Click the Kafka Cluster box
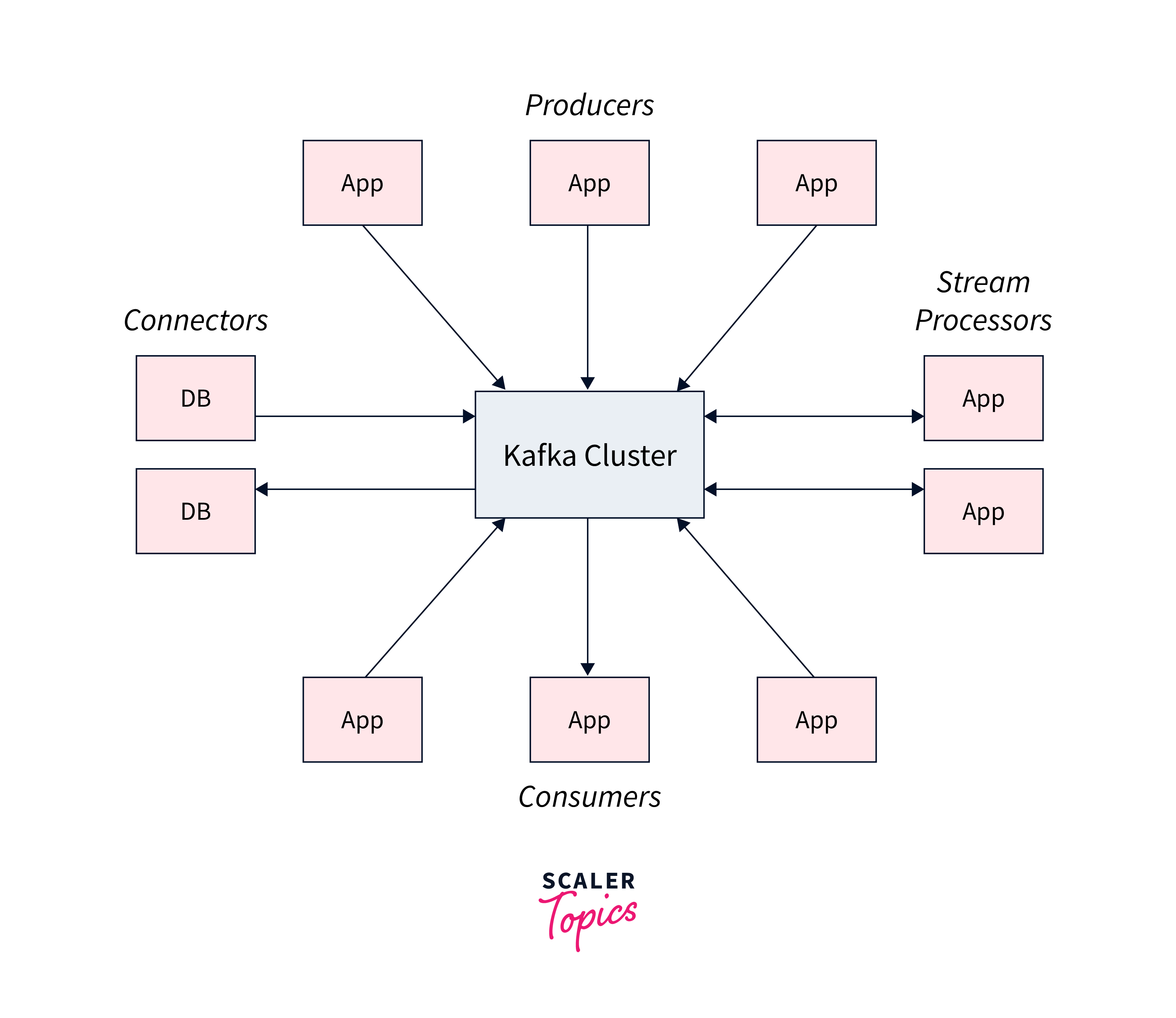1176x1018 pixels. [x=589, y=454]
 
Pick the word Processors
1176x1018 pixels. [x=983, y=321]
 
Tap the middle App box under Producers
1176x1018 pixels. [x=589, y=183]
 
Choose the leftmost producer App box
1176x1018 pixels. [x=362, y=183]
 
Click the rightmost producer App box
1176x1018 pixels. [x=816, y=183]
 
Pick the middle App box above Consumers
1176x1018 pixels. [x=589, y=720]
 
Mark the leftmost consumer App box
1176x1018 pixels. [x=362, y=720]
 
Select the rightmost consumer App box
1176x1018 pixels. [x=816, y=720]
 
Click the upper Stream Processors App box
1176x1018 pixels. [x=983, y=398]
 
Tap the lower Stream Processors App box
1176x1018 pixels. [x=983, y=511]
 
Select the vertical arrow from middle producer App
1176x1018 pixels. [x=588, y=307]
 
